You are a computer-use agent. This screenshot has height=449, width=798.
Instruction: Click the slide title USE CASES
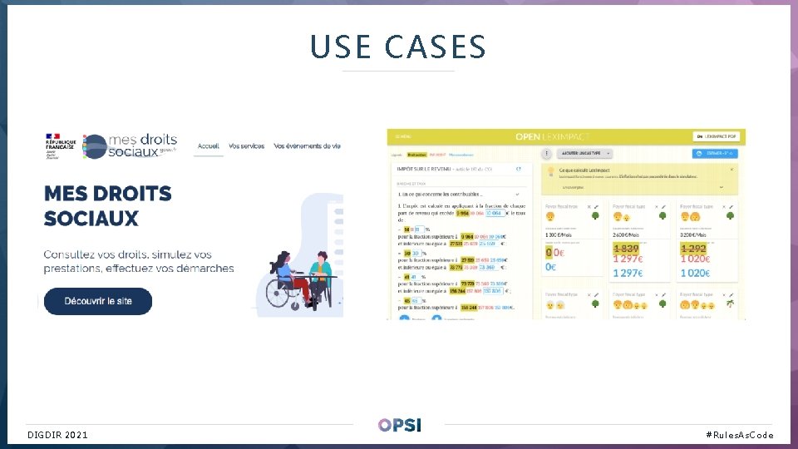click(397, 47)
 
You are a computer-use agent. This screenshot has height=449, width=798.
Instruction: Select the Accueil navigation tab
click(208, 146)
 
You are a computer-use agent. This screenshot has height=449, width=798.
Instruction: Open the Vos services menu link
click(246, 146)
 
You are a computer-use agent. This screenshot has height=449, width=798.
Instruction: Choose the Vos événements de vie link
click(307, 146)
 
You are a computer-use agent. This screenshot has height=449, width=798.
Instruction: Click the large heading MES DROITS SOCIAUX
click(108, 205)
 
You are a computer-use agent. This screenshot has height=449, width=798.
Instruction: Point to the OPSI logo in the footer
click(399, 425)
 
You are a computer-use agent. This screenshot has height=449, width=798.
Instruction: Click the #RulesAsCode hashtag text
click(739, 435)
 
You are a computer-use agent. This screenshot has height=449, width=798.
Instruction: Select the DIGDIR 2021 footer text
click(57, 435)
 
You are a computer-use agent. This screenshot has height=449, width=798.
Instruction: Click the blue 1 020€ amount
click(695, 272)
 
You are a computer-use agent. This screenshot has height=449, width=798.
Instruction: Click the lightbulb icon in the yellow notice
click(549, 170)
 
